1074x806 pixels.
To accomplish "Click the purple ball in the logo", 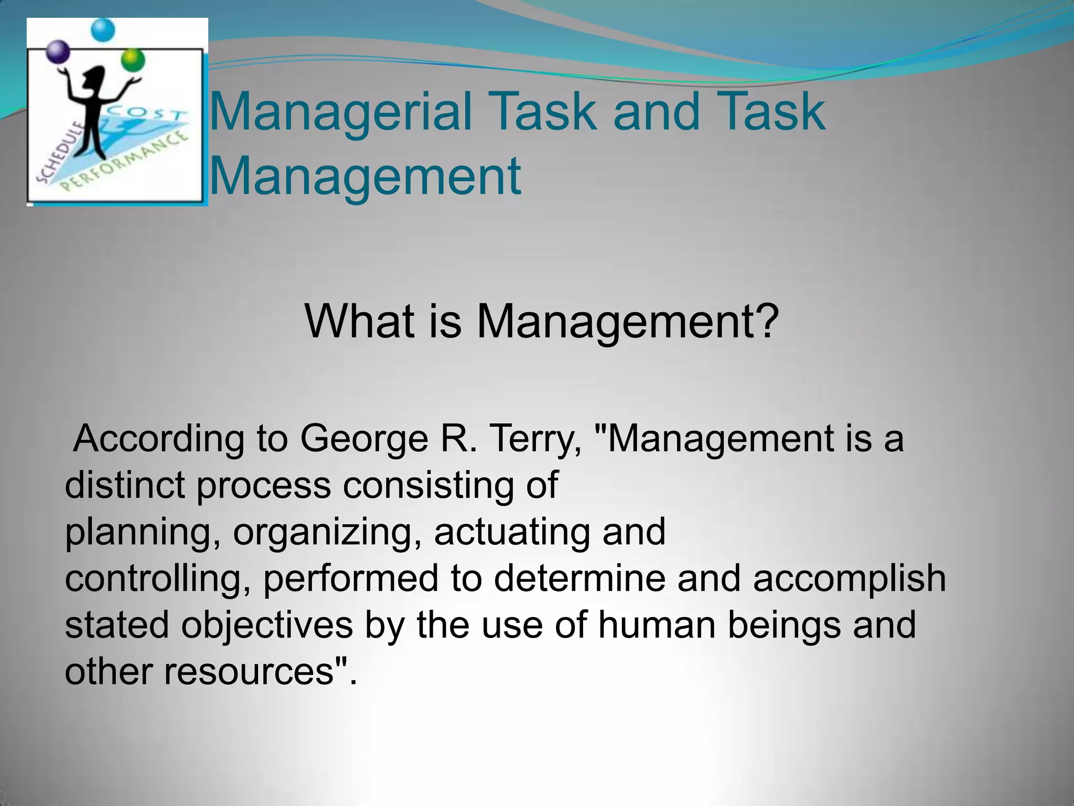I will (x=59, y=52).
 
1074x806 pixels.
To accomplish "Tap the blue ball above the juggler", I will (x=102, y=30).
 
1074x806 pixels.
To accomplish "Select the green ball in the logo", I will (x=133, y=59).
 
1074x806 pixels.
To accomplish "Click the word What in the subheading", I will (x=359, y=321).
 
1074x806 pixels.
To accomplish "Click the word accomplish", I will (x=849, y=578).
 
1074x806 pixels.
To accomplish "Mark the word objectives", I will (x=267, y=625).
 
